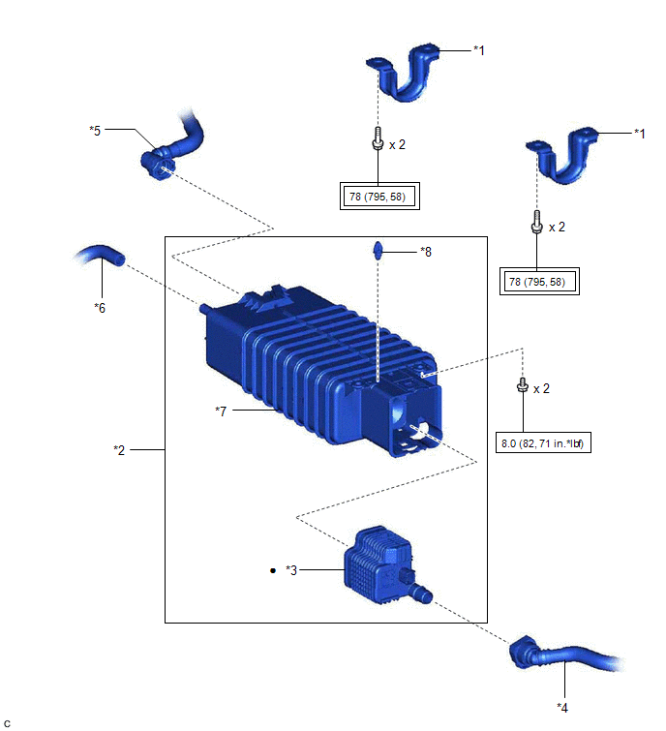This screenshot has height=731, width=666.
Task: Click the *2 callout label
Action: [120, 450]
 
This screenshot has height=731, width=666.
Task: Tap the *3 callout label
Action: [293, 570]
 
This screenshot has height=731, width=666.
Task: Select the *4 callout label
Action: [563, 706]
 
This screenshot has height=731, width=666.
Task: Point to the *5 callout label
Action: [95, 130]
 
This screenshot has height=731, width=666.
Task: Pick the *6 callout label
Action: [100, 307]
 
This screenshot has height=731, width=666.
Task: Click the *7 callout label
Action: [222, 411]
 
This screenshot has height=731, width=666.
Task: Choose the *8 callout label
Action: [425, 252]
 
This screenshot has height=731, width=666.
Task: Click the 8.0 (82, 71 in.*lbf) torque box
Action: [543, 444]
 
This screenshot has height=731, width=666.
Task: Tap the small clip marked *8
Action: [378, 252]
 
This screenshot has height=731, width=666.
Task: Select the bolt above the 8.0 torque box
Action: [524, 386]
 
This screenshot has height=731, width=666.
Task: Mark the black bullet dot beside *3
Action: [274, 570]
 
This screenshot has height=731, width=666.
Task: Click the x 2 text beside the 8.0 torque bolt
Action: [542, 388]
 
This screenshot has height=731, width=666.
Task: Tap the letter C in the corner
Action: [7, 722]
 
